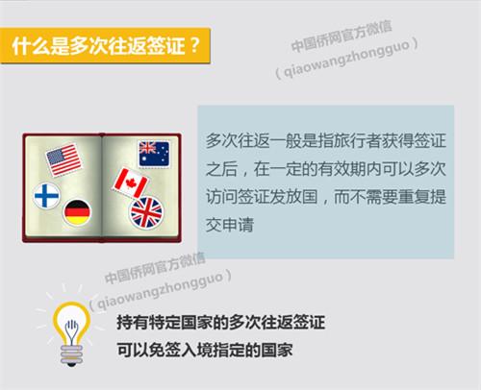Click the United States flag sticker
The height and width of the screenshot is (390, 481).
point(63,159)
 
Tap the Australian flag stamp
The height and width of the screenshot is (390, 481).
point(154,154)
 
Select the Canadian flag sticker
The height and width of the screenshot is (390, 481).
point(131,183)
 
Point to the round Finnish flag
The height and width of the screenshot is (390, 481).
point(46,196)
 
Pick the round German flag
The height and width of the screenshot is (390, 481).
point(77,212)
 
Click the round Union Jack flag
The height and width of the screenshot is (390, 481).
point(146,212)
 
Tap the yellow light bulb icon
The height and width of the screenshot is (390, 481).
point(71,333)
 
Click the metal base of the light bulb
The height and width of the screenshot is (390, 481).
point(71,355)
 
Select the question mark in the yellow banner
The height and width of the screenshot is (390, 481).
point(194,45)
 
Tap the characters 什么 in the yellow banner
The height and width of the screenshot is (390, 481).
point(31,46)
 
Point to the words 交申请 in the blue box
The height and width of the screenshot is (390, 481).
point(230,225)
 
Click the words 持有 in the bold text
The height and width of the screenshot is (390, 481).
point(132,322)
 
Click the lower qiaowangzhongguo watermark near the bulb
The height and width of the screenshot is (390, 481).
point(160,290)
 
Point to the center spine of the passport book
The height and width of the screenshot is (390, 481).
point(102,187)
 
